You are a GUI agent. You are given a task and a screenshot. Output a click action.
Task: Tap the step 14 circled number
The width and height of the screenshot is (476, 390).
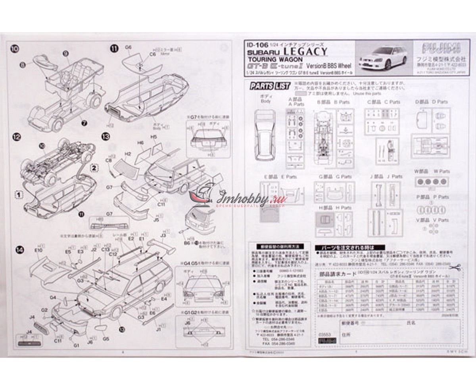[18, 249]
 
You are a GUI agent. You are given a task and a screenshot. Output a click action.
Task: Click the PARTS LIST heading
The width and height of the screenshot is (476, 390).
[270, 85]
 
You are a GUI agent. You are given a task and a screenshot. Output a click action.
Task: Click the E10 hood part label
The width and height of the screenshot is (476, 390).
[38, 251]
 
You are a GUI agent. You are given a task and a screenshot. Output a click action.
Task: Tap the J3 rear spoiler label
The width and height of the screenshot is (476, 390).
[163, 235]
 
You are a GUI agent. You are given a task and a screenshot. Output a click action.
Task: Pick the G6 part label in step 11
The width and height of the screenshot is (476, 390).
[128, 47]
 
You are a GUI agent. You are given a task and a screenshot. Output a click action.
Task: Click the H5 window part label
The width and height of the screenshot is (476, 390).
[154, 137]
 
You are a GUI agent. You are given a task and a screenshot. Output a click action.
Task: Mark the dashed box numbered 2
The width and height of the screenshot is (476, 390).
[94, 167]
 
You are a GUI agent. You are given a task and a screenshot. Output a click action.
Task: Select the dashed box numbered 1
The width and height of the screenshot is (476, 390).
[17, 195]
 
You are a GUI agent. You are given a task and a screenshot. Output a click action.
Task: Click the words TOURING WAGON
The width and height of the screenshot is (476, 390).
[267, 59]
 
